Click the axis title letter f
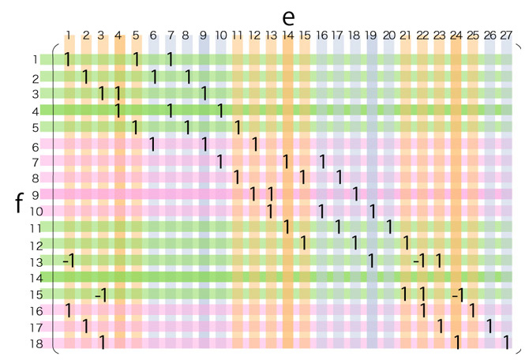pos(19,203)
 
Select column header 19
pos(372,35)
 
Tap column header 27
pos(506,35)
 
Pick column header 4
pos(119,35)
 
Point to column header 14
pos(287,35)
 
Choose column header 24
pos(456,35)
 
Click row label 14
pos(36,277)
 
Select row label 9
pos(36,194)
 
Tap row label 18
pos(36,343)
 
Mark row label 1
pos(36,59)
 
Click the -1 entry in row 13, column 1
pos(68,261)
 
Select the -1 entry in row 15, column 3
pos(101,294)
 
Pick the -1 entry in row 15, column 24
pos(456,294)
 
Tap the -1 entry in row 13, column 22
pos(421,261)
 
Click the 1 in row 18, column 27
pos(507,343)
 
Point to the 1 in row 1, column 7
pos(170,59)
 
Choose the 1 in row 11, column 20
pos(389,227)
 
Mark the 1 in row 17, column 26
pos(490,326)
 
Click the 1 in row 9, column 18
pos(355,194)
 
